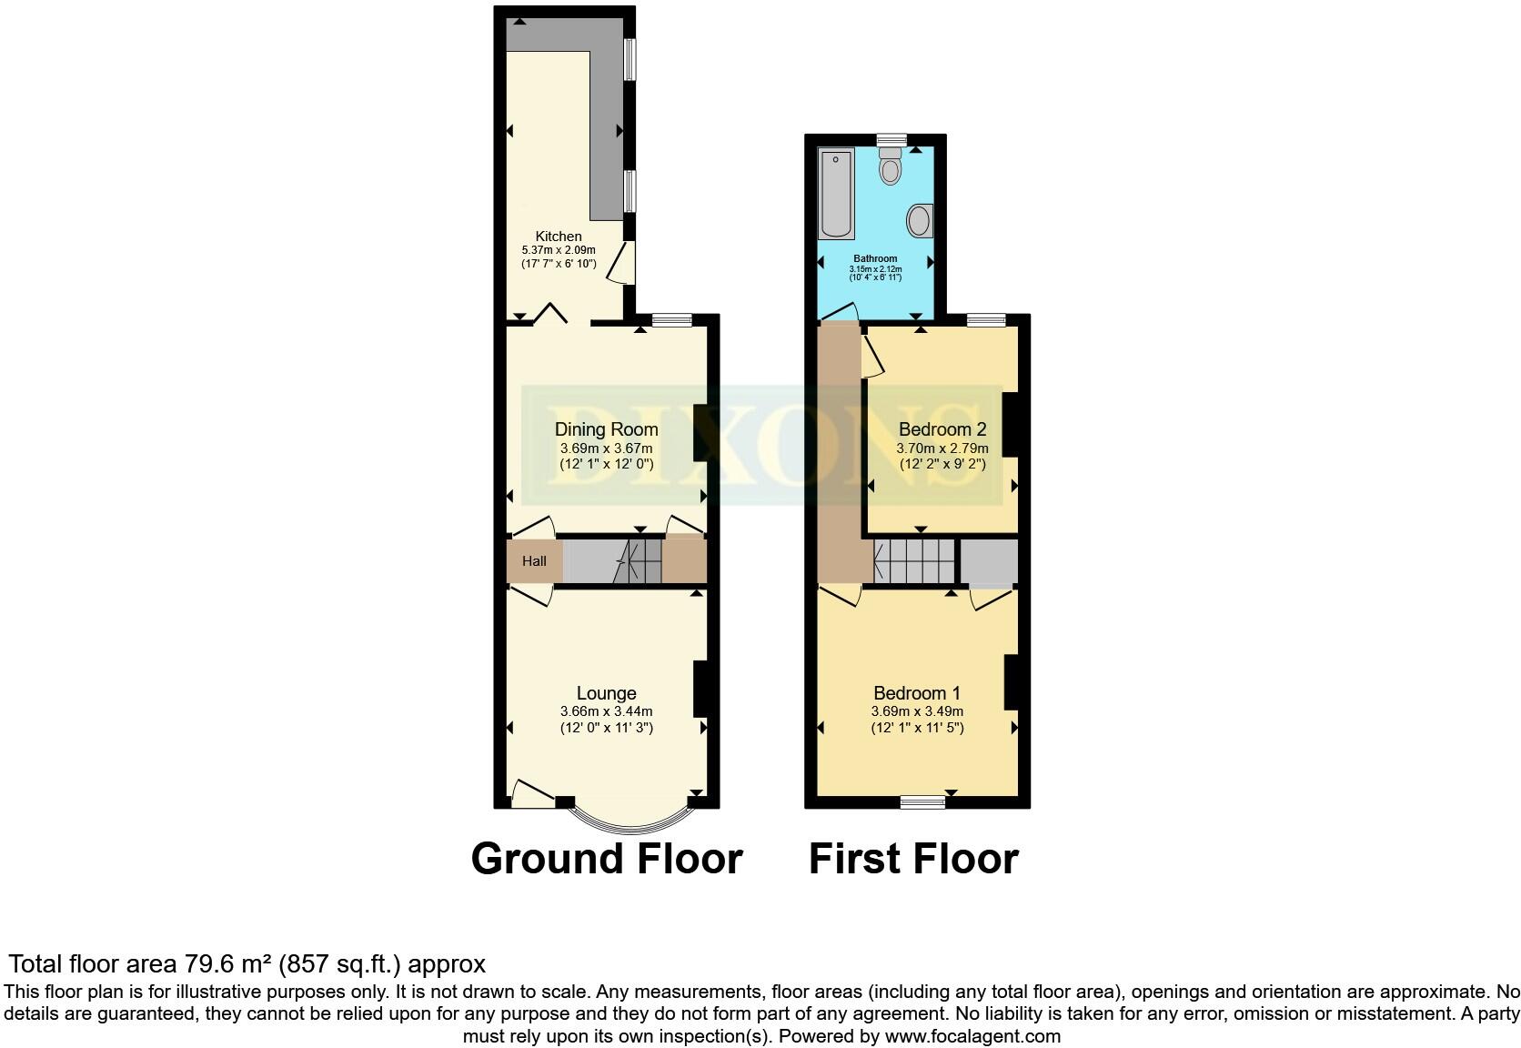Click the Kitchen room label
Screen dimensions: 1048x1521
(558, 236)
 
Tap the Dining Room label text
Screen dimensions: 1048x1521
(606, 429)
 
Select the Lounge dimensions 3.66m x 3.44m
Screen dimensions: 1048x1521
(606, 711)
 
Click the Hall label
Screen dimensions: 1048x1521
(534, 561)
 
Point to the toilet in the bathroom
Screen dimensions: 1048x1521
(891, 167)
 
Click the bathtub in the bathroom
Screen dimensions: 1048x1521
(836, 194)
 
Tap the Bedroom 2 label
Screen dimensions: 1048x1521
(942, 429)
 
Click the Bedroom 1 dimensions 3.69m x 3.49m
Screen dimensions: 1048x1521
(917, 711)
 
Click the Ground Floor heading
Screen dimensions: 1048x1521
(607, 859)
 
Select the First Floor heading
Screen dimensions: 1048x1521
(913, 859)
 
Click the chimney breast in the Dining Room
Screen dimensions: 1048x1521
(701, 433)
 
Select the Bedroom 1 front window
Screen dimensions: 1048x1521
(923, 802)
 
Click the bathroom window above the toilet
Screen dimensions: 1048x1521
(892, 139)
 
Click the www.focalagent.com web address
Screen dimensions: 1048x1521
(972, 1035)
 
